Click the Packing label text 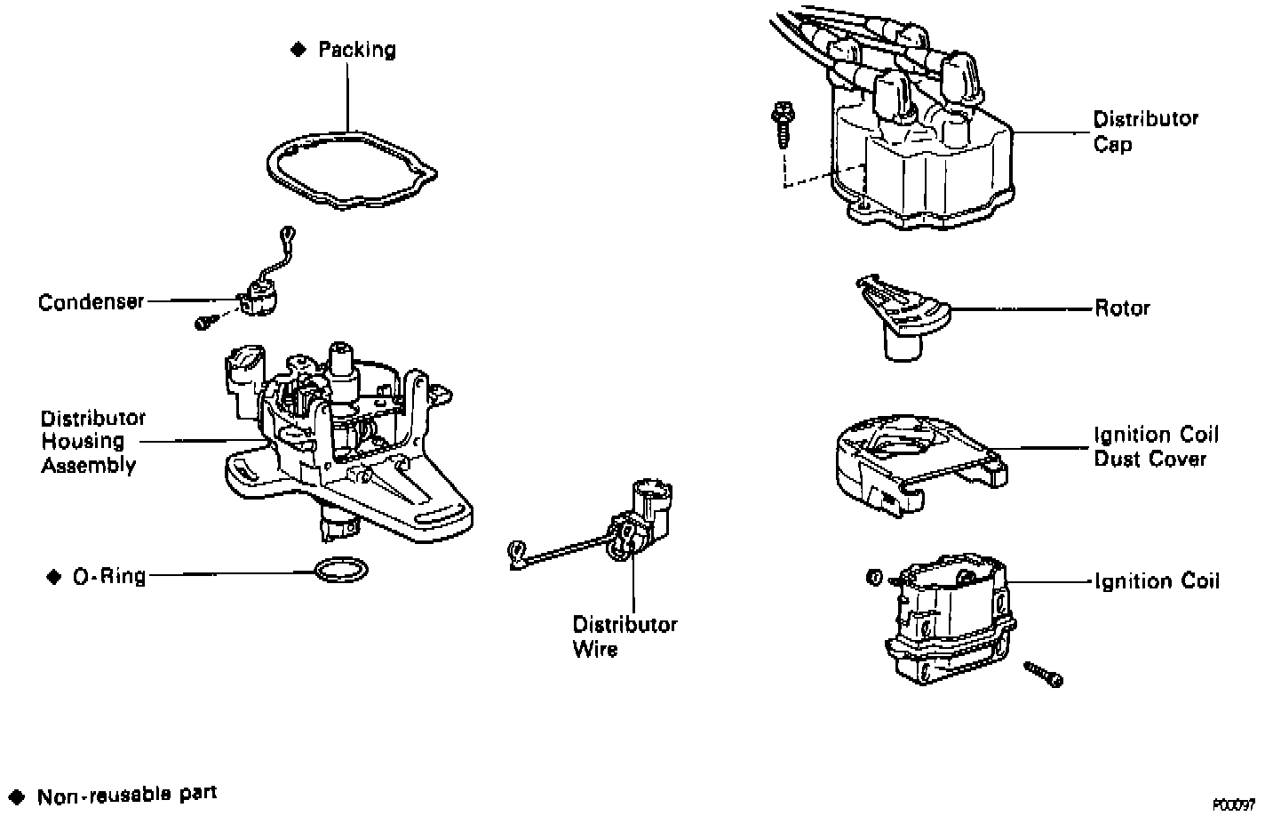(356, 50)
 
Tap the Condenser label (91, 302)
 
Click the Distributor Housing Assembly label (92, 442)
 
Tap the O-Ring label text (109, 577)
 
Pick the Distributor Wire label (625, 636)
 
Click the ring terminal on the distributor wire (514, 555)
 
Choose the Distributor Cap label (1145, 131)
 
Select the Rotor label (1122, 308)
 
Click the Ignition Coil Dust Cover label (1156, 447)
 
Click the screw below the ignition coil (1043, 673)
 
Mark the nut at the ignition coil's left (872, 579)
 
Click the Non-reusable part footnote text (126, 794)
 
